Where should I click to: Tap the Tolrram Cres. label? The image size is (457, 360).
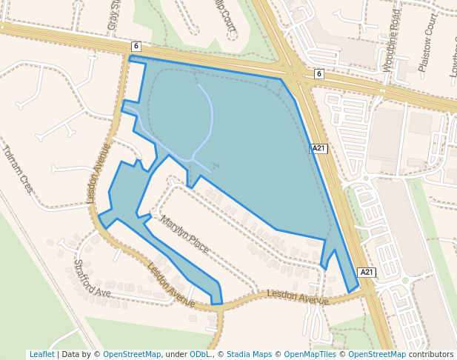17,169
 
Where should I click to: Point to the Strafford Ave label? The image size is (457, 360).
92,277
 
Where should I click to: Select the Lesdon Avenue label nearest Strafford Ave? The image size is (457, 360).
171,285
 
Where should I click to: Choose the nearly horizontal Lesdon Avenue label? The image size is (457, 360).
297,298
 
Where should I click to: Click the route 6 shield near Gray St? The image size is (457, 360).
136,46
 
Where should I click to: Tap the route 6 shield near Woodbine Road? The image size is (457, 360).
318,73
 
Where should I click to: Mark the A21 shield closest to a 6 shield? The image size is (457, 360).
318,148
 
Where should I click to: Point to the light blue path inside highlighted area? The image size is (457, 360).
210,119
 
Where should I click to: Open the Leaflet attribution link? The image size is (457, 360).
41,354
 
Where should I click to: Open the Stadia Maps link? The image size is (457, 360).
249,354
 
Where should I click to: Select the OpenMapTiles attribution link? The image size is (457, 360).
310,354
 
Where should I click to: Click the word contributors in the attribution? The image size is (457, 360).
431,354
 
